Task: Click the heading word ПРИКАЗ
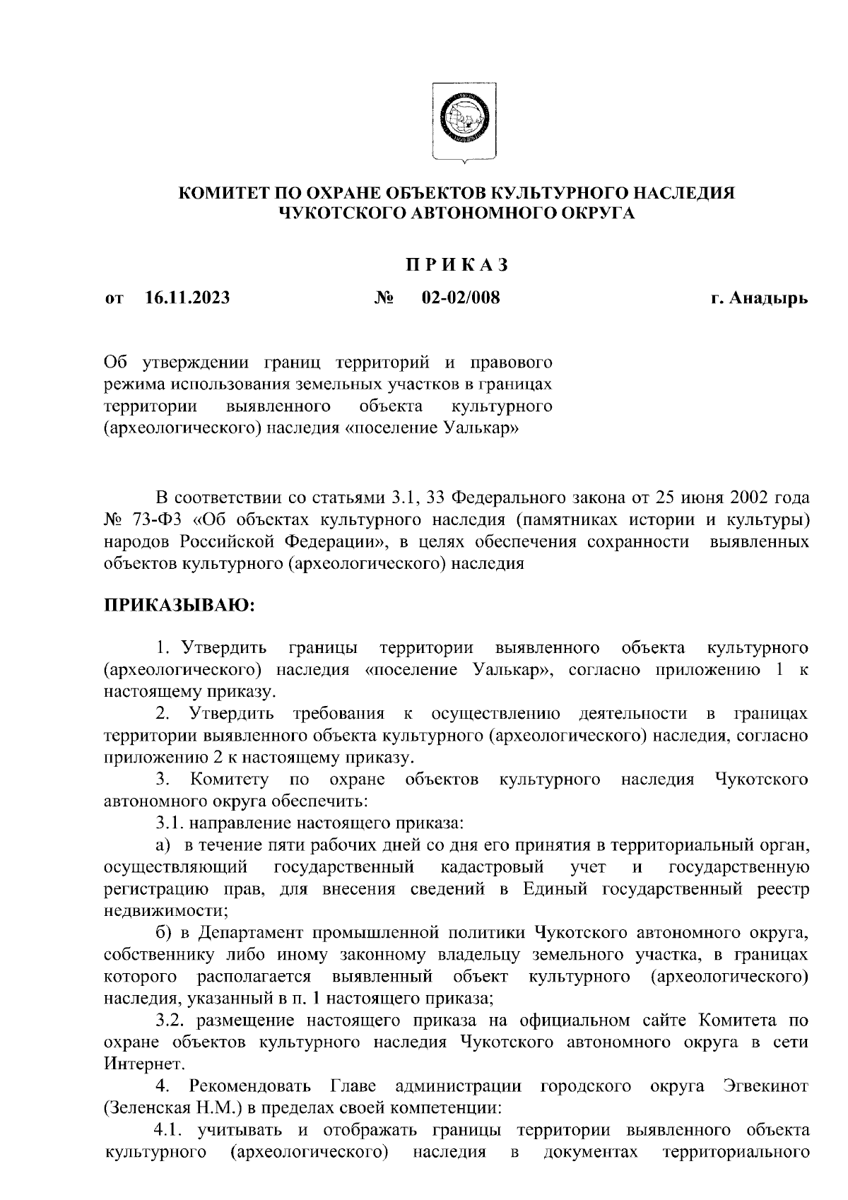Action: click(457, 264)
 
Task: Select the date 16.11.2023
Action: click(187, 298)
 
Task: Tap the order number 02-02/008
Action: click(460, 298)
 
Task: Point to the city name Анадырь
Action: click(770, 298)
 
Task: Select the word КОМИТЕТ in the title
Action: click(224, 193)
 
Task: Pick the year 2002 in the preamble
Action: click(738, 498)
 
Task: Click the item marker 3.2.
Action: click(172, 1020)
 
